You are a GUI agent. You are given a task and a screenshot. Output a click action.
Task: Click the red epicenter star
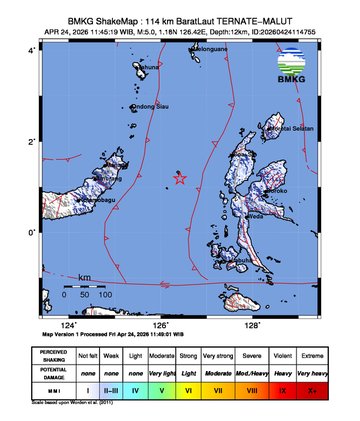tap(180, 179)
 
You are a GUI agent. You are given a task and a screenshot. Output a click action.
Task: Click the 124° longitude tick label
tap(68, 324)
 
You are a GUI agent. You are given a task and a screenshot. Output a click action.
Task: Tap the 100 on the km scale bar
tap(104, 295)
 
